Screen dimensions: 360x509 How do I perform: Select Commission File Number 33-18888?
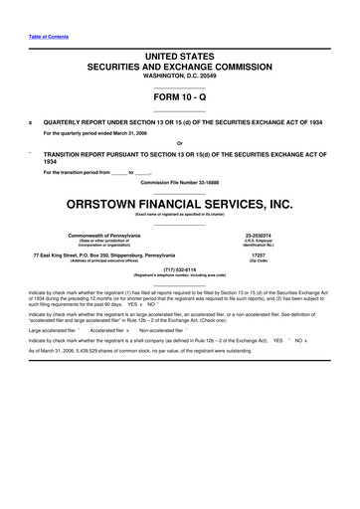[179, 180]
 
